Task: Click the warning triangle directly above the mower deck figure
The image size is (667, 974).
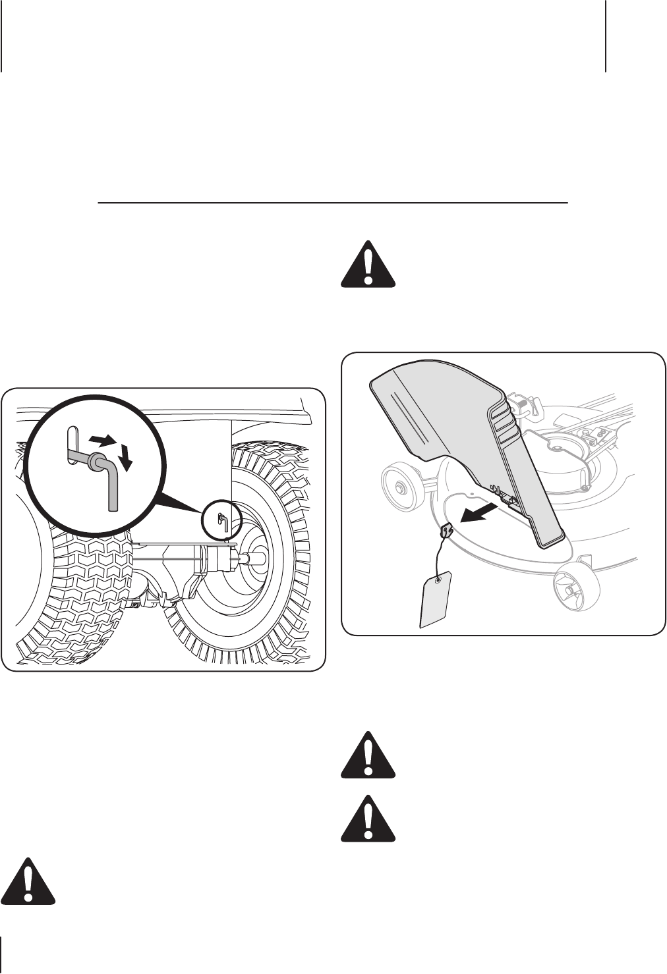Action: [368, 265]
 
